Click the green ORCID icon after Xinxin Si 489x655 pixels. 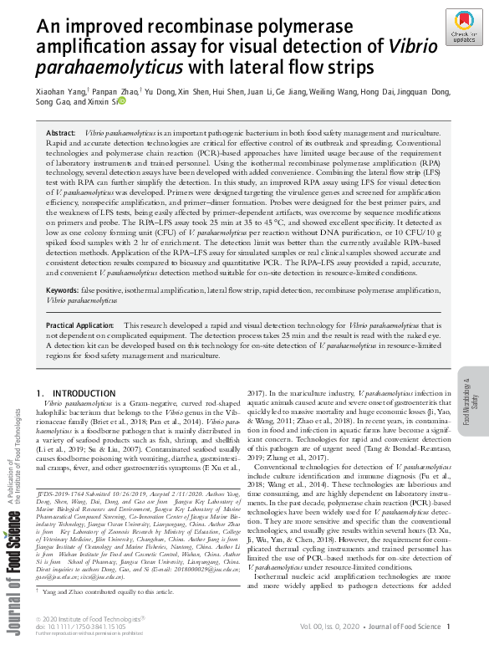click(121, 101)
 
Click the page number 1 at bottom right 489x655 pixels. click(449, 626)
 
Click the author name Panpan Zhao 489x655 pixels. click(116, 90)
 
